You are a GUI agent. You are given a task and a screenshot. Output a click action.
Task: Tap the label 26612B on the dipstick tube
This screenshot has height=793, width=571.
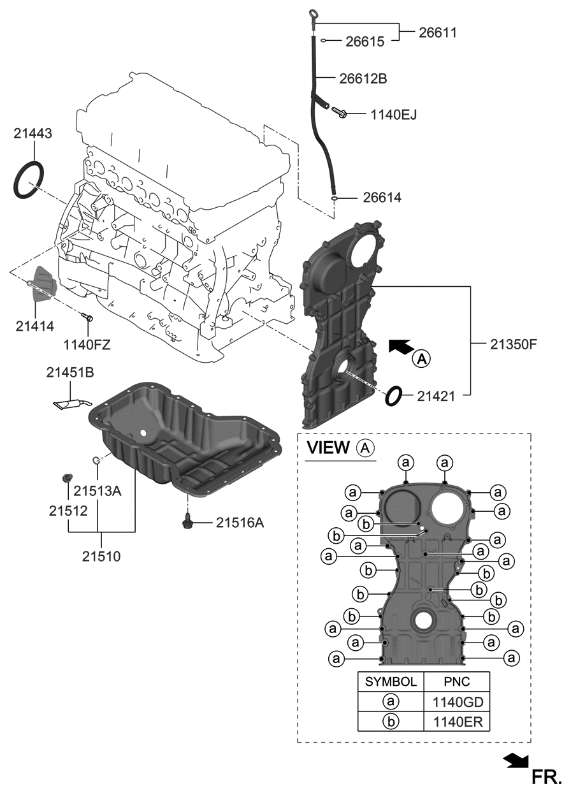click(363, 79)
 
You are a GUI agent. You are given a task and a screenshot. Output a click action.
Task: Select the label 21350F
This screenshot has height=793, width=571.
click(514, 344)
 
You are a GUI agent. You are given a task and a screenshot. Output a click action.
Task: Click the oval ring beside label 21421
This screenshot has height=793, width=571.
click(394, 396)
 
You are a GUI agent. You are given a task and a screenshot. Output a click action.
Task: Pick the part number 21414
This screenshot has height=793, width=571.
click(35, 326)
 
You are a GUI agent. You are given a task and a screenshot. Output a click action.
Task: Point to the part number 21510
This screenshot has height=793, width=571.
click(101, 555)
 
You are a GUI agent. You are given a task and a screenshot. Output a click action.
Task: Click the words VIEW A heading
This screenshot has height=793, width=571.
click(340, 448)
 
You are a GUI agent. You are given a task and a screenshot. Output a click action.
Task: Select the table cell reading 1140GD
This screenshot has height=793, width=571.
click(456, 702)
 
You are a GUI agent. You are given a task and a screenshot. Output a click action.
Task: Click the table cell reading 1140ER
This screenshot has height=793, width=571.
click(456, 722)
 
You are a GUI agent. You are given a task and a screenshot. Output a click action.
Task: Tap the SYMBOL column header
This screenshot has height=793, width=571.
click(391, 681)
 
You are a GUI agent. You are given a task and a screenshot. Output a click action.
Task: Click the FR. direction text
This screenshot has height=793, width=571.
click(547, 776)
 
